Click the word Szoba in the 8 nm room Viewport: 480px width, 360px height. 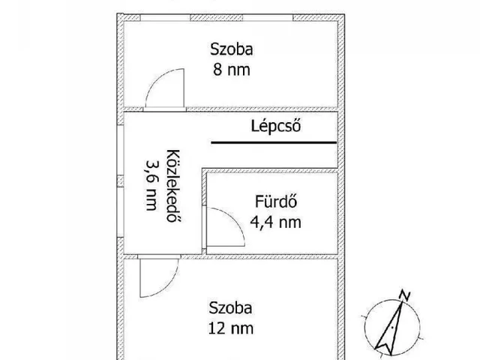pyautogui.click(x=232, y=49)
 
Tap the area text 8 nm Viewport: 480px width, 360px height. pyautogui.click(x=232, y=70)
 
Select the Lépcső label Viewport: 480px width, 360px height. pyautogui.click(x=276, y=125)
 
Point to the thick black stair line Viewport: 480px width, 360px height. pyautogui.click(x=274, y=142)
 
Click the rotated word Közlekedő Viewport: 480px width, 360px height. pyautogui.click(x=172, y=185)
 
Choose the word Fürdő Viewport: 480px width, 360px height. pyautogui.click(x=276, y=202)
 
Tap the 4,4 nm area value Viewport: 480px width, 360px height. pyautogui.click(x=275, y=222)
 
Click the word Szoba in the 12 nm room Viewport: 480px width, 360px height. pyautogui.click(x=230, y=308)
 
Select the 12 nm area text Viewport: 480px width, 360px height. pyautogui.click(x=231, y=328)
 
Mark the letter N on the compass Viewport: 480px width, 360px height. pyautogui.click(x=405, y=295)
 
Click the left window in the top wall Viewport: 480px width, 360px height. pyautogui.click(x=165, y=18)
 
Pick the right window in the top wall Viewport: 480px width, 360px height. pyautogui.click(x=268, y=18)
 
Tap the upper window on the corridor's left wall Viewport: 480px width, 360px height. pyautogui.click(x=120, y=150)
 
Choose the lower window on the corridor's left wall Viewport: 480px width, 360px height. pyautogui.click(x=120, y=211)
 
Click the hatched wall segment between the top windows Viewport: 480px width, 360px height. pyautogui.click(x=217, y=18)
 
